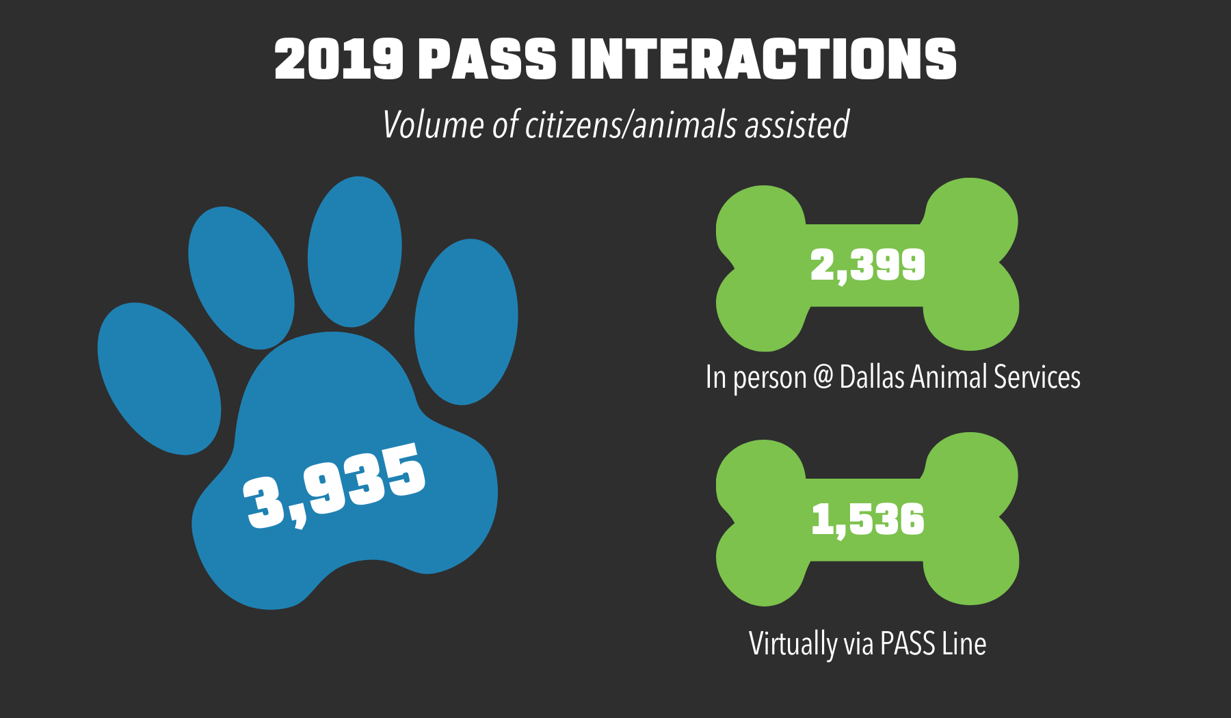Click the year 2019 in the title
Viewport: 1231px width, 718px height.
tap(339, 59)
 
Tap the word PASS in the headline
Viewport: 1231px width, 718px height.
tap(487, 59)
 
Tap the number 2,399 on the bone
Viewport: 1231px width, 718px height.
tap(867, 265)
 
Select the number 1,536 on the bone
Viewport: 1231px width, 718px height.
tap(867, 520)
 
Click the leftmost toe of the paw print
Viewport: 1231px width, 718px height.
tap(159, 378)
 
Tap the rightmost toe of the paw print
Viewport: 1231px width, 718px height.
tap(466, 321)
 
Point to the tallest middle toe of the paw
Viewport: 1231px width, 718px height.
tap(354, 252)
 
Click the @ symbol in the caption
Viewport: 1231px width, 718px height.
tap(823, 377)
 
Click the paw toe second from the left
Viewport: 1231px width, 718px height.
tap(241, 278)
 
